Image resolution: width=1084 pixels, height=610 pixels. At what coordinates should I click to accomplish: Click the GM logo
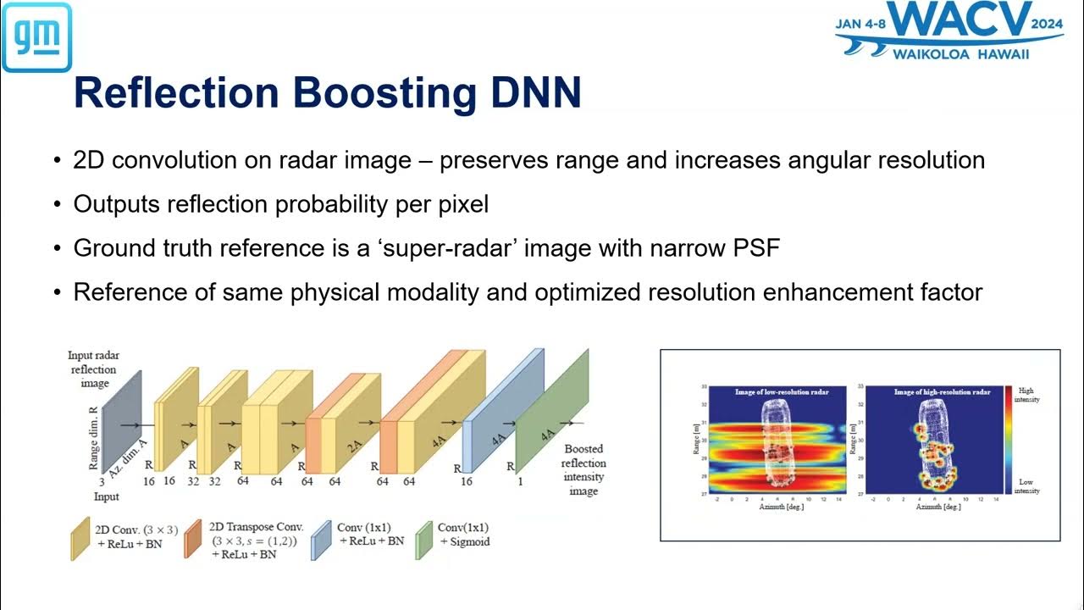click(36, 36)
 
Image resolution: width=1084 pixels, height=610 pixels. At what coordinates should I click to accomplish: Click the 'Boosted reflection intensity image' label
click(584, 470)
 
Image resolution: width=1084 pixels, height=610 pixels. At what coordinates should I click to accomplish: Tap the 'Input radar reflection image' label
click(93, 369)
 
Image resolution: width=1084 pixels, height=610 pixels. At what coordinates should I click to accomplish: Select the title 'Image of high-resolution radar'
click(942, 391)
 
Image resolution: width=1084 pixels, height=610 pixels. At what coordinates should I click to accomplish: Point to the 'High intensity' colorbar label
click(1026, 395)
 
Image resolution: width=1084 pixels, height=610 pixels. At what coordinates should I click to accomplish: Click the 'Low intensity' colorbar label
click(1026, 485)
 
